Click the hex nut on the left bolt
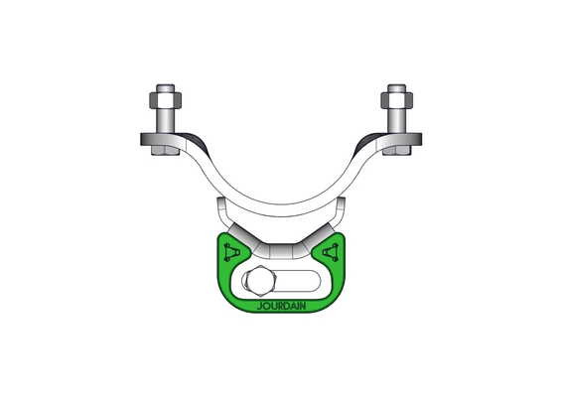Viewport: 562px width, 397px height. pos(165,100)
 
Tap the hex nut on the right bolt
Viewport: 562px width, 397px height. pos(397,100)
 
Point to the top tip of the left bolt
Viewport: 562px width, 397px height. pos(166,85)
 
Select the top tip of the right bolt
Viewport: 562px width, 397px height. pos(397,85)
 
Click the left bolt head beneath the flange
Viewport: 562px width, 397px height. pos(165,151)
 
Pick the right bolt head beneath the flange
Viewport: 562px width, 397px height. pos(397,151)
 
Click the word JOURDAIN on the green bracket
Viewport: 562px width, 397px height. pos(281,307)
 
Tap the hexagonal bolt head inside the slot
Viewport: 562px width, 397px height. pos(259,281)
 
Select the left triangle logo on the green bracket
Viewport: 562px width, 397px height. pos(230,252)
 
